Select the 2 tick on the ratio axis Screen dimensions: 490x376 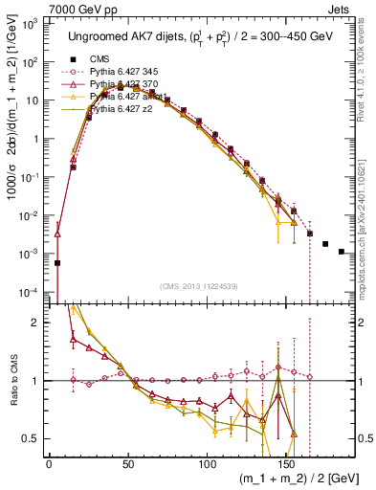(37, 323)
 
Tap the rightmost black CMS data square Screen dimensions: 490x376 (342, 252)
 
